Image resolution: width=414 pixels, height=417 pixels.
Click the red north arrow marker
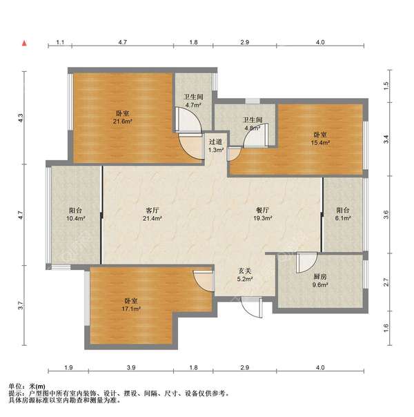coord(24,43)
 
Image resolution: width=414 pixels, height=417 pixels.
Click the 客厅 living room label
coord(152,211)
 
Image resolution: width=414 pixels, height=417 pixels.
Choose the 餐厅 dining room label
coord(262,210)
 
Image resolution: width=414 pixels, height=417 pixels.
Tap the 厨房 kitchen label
coord(320,277)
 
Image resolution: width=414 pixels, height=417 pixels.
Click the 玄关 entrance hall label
coord(244,271)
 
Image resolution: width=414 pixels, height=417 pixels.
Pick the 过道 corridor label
coord(215,142)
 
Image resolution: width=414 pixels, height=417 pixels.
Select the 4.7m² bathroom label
coord(193,105)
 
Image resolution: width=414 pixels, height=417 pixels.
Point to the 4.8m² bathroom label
coord(253,128)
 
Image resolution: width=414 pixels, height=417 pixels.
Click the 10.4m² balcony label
coord(75,219)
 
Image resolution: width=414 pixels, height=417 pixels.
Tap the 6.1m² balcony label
coord(343,218)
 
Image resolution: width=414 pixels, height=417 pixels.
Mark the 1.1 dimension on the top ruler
coord(60,42)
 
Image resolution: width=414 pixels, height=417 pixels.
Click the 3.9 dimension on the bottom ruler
coord(131,367)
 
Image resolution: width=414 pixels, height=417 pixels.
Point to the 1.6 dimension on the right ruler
coord(386,328)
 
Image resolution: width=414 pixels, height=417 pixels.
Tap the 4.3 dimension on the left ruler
coord(21,118)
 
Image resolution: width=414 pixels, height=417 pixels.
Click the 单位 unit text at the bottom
coord(15,386)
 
